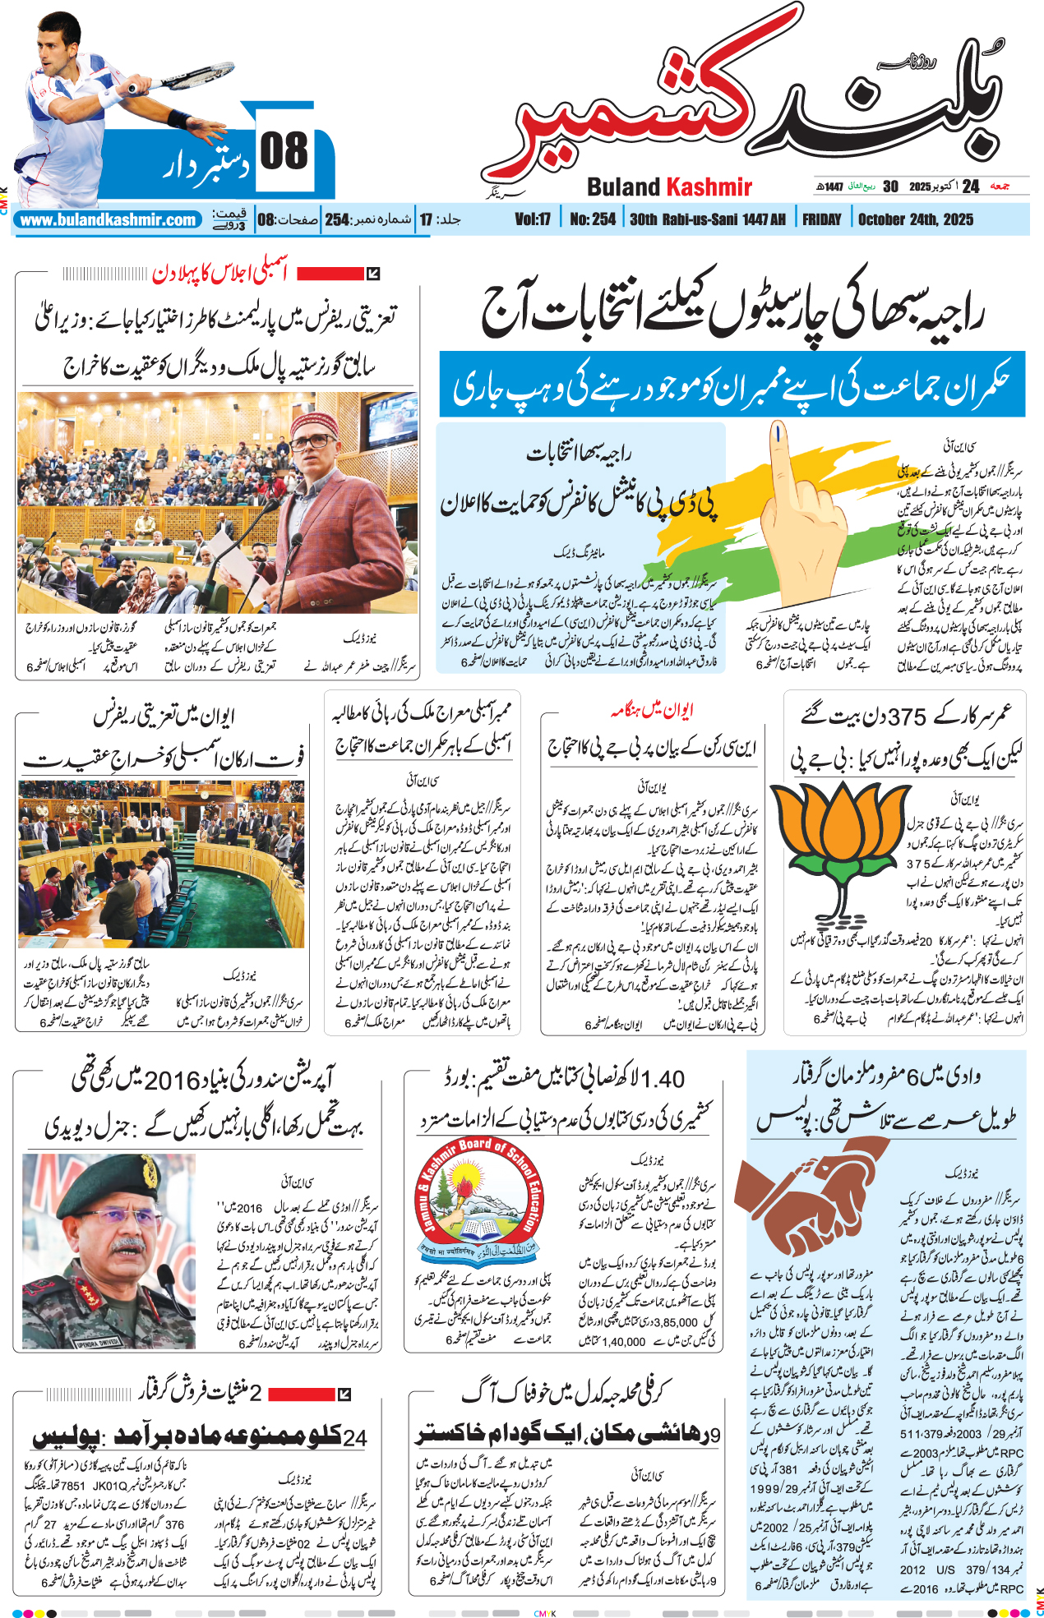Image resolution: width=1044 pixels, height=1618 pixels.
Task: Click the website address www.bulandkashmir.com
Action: point(108,220)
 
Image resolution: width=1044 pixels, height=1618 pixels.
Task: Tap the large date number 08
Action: point(284,152)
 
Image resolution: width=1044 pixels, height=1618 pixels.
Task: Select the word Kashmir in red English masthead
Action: point(709,187)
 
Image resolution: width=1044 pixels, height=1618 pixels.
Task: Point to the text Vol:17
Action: point(532,219)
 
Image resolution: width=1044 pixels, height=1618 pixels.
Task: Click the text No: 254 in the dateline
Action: point(592,219)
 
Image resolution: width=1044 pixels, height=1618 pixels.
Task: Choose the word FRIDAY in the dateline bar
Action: point(821,219)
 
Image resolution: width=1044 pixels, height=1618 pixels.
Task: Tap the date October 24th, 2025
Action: point(915,219)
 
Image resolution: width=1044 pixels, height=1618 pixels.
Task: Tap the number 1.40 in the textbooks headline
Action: point(662,1079)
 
